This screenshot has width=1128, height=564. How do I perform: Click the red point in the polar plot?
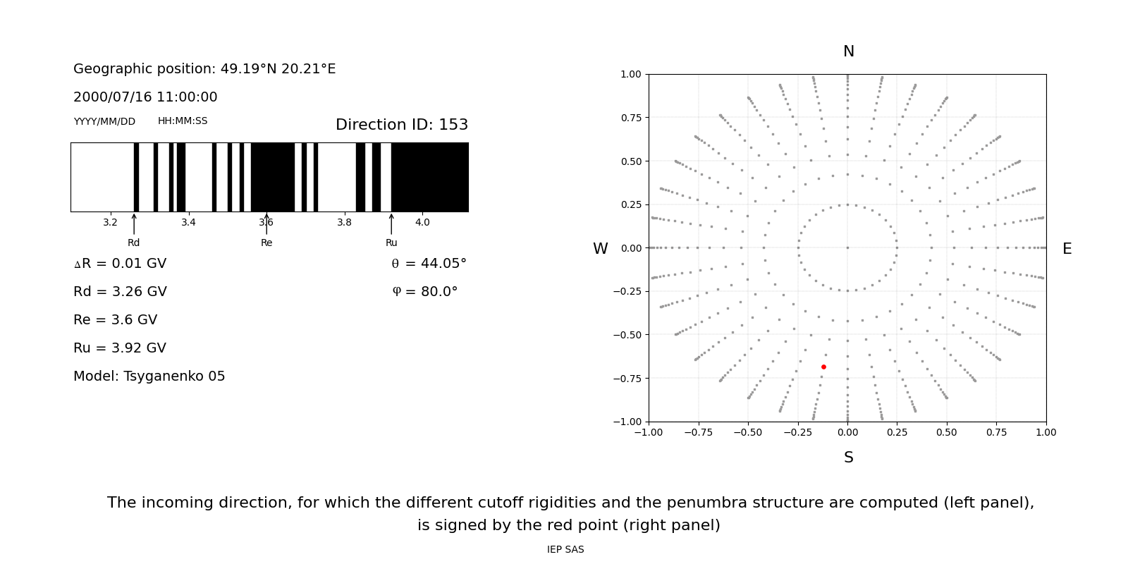tap(823, 367)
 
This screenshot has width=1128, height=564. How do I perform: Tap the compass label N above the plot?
tap(848, 51)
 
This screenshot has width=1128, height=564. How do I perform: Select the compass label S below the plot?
tap(848, 458)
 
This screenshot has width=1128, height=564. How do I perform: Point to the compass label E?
tap(1067, 249)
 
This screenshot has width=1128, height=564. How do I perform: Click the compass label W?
tap(600, 249)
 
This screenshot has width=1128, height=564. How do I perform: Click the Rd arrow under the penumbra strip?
tap(134, 223)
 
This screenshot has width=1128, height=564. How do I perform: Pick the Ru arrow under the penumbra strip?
tap(391, 223)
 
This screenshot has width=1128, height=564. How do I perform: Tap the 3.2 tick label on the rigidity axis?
tap(110, 223)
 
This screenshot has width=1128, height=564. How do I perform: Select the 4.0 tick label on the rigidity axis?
tap(422, 223)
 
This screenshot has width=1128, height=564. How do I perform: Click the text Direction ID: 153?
tap(402, 125)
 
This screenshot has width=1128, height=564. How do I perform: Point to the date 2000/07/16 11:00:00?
tap(145, 97)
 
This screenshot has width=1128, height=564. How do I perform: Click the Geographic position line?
tap(204, 69)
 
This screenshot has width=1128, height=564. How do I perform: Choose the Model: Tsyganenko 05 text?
tap(149, 376)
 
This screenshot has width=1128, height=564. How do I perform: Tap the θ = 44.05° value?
tap(429, 264)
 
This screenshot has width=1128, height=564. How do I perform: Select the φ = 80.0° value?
tap(424, 292)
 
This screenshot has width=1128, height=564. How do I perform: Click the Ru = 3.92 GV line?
tap(120, 348)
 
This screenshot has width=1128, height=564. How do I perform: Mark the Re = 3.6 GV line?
tap(115, 320)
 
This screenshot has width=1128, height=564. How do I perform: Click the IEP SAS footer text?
tap(565, 550)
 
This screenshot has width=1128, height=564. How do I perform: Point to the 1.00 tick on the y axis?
tap(630, 74)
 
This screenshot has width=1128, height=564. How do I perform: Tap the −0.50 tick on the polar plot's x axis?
tap(748, 432)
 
